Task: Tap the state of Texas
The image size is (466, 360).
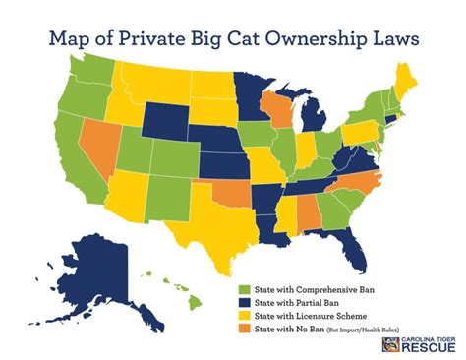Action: pyautogui.click(x=207, y=217)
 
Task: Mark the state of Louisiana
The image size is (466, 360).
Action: pyautogui.click(x=274, y=233)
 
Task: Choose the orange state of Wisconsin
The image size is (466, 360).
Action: pyautogui.click(x=280, y=103)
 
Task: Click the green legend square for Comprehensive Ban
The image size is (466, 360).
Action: pyautogui.click(x=245, y=290)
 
